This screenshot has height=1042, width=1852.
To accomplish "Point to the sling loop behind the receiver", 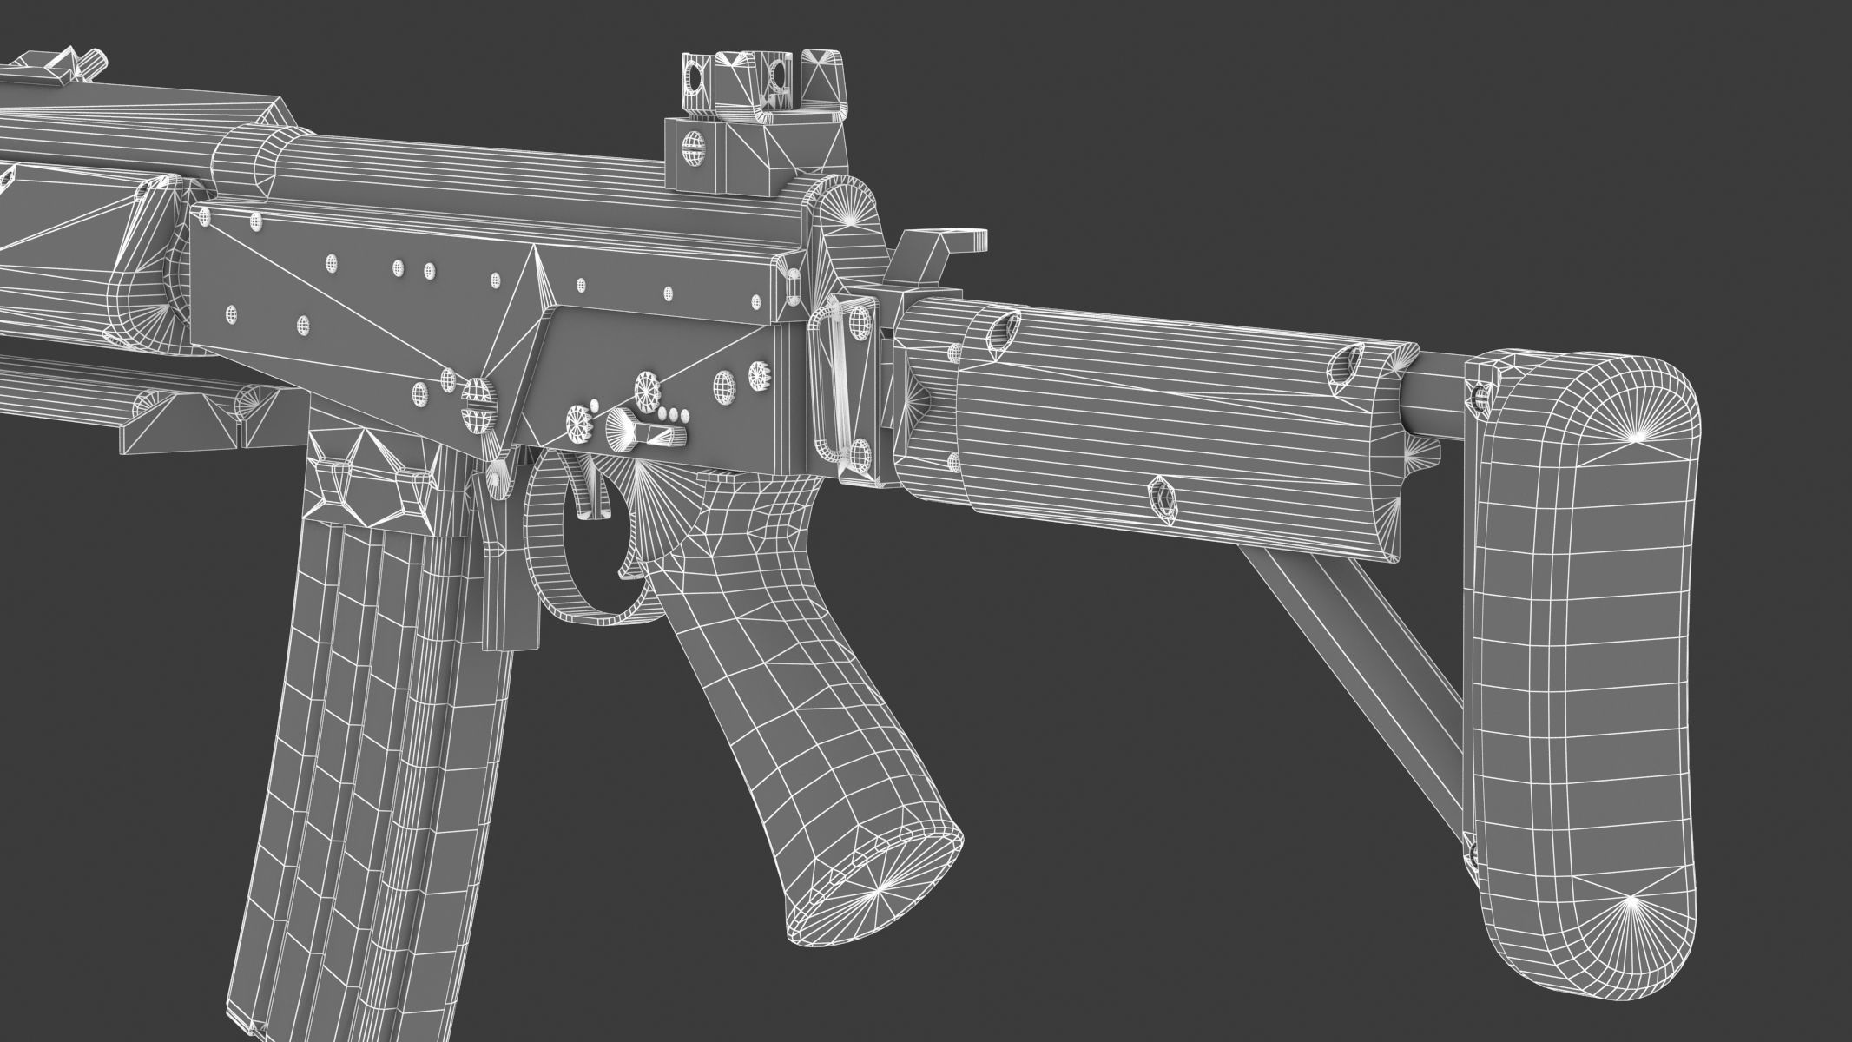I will coord(840,382).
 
